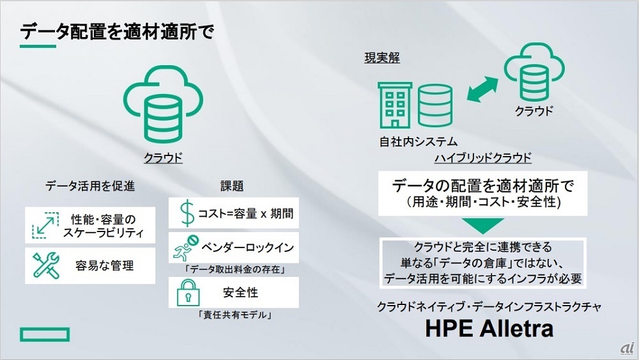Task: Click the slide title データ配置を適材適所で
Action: [117, 31]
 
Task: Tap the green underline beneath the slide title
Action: [38, 47]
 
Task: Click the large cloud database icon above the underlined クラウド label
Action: [163, 104]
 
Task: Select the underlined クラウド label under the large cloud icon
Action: [163, 158]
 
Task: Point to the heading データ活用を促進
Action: [90, 186]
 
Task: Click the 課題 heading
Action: [232, 186]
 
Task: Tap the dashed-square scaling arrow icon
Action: [45, 225]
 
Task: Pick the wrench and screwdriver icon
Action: [46, 265]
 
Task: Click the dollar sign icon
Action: [187, 213]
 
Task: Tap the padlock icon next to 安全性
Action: [188, 292]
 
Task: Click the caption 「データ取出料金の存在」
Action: [235, 269]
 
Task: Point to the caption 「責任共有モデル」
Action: [235, 315]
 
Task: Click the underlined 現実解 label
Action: [382, 58]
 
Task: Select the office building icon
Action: [395, 106]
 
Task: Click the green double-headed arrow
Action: [482, 90]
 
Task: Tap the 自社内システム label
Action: [419, 142]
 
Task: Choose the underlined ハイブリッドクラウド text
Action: [483, 158]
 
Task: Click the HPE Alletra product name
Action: [489, 329]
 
